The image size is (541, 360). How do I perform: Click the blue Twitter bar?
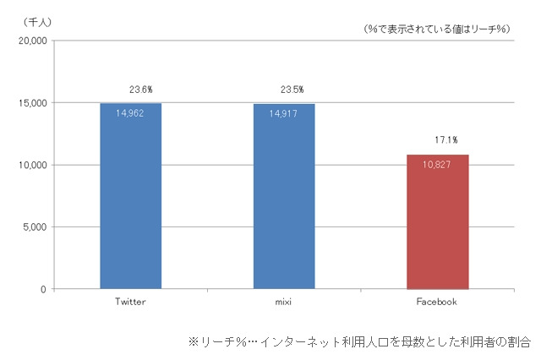tap(130, 203)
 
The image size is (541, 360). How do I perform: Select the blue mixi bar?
tap(284, 203)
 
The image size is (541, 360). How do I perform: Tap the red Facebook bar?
tap(438, 228)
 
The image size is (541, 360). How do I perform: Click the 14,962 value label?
tap(130, 112)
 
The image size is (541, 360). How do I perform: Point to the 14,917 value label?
tap(284, 112)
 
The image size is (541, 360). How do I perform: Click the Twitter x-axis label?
tap(130, 302)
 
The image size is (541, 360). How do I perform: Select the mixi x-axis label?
tap(284, 302)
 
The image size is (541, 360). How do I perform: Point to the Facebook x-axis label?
tap(438, 302)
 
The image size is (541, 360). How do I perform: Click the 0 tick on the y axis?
tap(41, 289)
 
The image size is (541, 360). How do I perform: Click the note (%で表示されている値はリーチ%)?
tap(436, 29)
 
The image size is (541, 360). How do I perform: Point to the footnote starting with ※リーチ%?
tap(358, 342)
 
